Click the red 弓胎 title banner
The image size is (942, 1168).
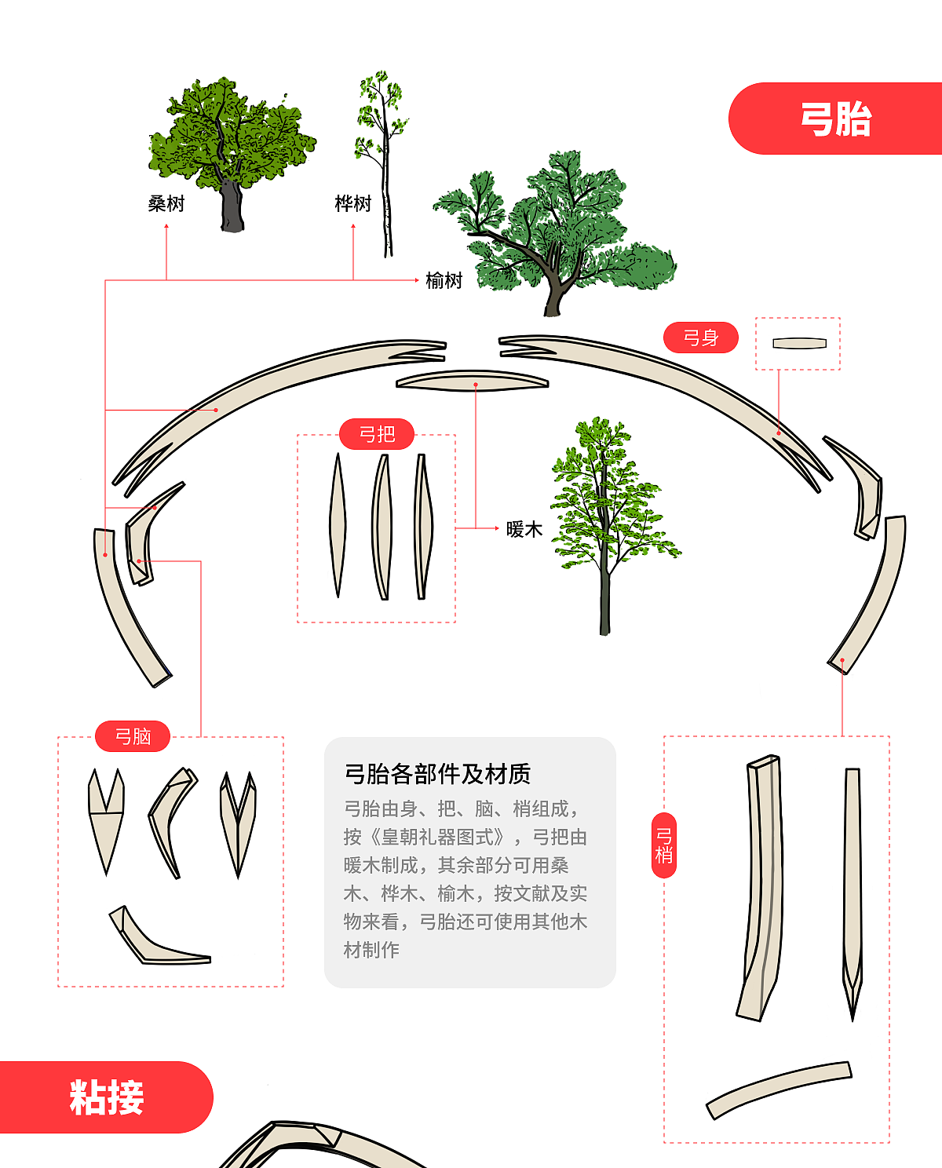coord(835,119)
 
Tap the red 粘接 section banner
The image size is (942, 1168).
coord(106,1097)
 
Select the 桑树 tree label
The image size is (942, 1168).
coord(166,204)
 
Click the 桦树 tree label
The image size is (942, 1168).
coord(353,204)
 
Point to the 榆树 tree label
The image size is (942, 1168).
coord(444,280)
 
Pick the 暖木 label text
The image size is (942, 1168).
coord(524,529)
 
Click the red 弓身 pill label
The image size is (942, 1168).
coord(700,338)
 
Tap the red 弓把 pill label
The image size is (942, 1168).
coord(377,434)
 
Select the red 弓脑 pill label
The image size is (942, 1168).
coord(133,736)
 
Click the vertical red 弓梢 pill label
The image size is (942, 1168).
coord(664,845)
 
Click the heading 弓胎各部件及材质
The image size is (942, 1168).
coord(437,774)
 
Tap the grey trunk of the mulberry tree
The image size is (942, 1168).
coord(232,207)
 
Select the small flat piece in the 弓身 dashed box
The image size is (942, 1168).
coord(799,343)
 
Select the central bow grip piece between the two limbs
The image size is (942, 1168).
coord(472,381)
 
